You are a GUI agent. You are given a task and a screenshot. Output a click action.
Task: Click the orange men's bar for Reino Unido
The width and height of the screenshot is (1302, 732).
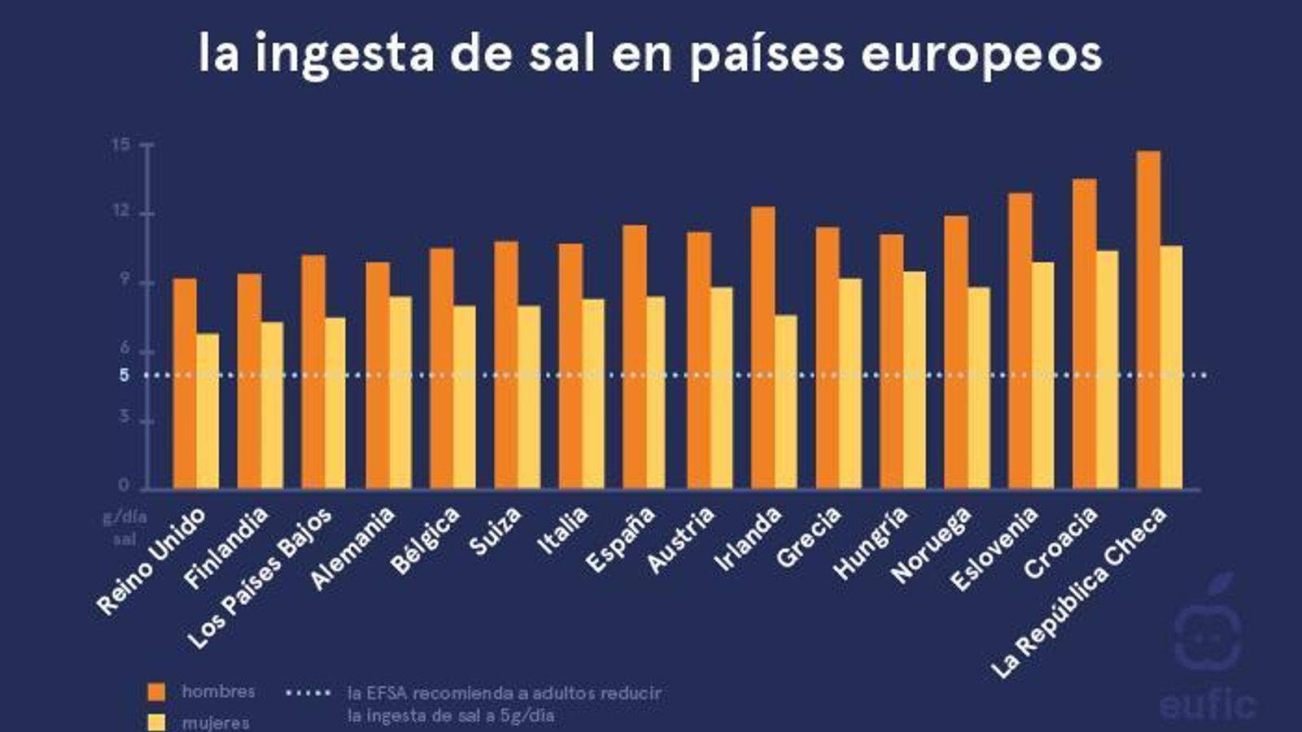point(185,382)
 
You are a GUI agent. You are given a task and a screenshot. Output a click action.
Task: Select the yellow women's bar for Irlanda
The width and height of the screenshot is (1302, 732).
point(786,402)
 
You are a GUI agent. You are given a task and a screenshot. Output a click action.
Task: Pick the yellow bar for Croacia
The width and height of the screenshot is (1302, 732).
point(1108,369)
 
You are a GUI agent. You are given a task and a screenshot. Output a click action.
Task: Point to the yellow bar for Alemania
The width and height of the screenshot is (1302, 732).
point(400,392)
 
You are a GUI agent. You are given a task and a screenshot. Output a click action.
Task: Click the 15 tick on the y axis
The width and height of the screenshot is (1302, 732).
point(121,145)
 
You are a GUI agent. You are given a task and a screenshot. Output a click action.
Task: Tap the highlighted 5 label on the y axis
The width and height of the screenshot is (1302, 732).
point(124,376)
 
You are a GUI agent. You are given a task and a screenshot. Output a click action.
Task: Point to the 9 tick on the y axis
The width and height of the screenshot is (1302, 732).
point(125,279)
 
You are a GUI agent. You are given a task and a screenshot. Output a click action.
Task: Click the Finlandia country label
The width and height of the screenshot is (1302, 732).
point(226,548)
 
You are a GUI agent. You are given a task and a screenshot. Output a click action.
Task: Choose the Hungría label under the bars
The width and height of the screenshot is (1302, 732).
point(871,543)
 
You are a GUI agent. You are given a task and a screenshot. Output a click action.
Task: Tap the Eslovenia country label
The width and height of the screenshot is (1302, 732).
point(995,548)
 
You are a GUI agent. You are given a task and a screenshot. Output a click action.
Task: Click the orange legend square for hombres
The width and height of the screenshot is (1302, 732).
point(156,692)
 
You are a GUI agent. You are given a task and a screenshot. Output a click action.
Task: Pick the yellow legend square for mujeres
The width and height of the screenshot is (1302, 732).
point(156,722)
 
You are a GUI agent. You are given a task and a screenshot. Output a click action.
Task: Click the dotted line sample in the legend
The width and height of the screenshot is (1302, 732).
point(308,693)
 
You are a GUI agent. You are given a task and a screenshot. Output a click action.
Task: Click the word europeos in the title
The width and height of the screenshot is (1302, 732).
point(981,54)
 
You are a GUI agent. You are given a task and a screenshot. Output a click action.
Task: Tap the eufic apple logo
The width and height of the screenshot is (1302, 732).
point(1208,626)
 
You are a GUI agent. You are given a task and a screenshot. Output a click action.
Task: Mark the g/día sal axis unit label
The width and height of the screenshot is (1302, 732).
point(125,528)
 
